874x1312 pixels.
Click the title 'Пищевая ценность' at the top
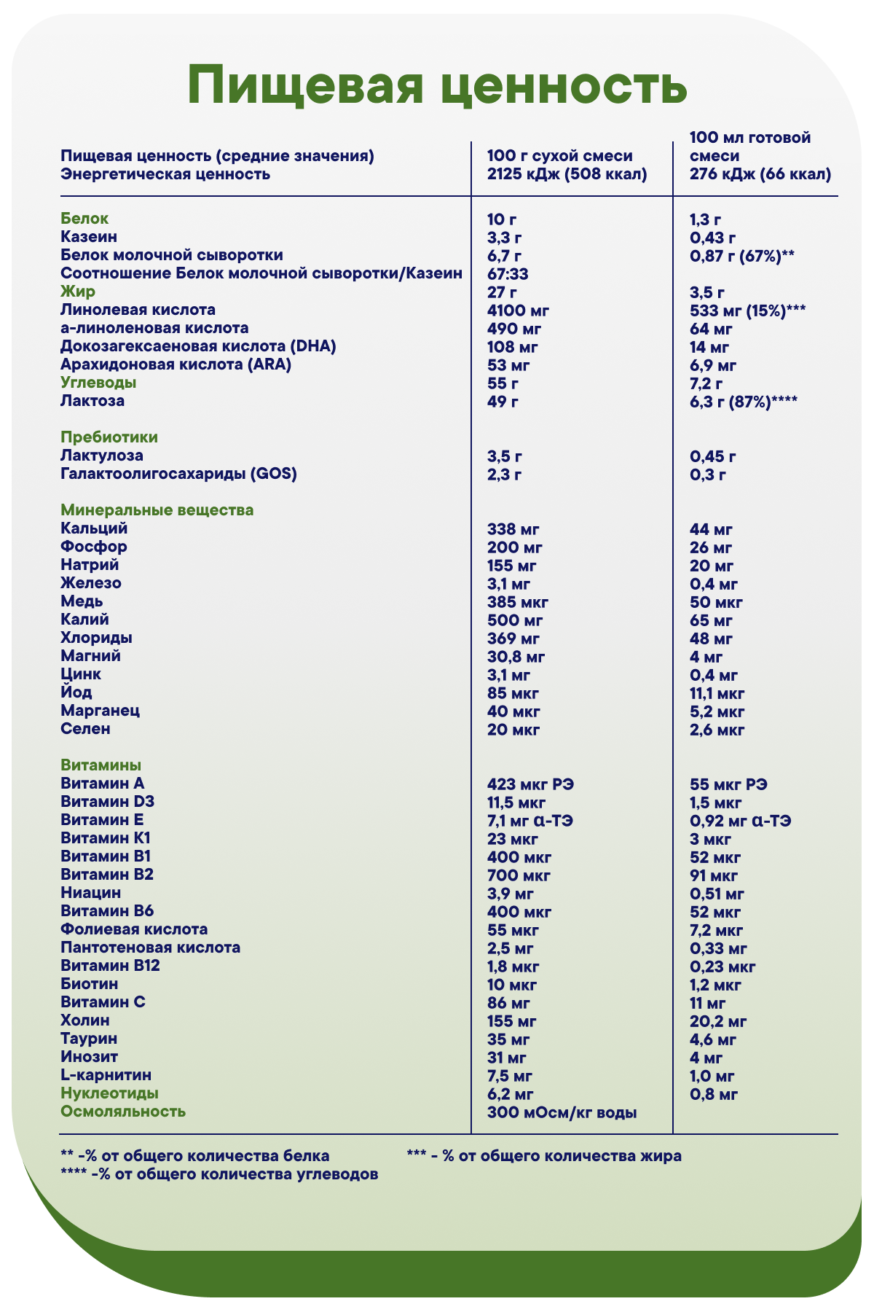point(437,86)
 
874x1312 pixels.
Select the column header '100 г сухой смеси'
point(559,156)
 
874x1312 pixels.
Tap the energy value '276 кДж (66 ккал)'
point(760,175)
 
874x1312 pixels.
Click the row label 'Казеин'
point(89,237)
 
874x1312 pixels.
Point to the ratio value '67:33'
point(508,274)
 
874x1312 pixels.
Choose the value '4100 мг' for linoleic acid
point(518,311)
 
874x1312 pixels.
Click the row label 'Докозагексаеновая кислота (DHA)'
point(198,346)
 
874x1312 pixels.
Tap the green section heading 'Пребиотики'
point(109,437)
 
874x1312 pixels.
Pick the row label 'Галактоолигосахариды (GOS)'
point(179,474)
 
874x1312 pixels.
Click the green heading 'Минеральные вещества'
point(157,510)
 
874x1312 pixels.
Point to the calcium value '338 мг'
point(513,529)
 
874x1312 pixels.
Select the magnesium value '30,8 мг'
point(516,657)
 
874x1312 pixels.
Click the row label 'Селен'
point(86,729)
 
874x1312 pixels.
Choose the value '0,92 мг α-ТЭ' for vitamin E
point(741,821)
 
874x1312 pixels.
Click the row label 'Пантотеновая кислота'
point(151,948)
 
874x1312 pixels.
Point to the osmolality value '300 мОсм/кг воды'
point(562,1112)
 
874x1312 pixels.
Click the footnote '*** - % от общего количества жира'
point(544,1156)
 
